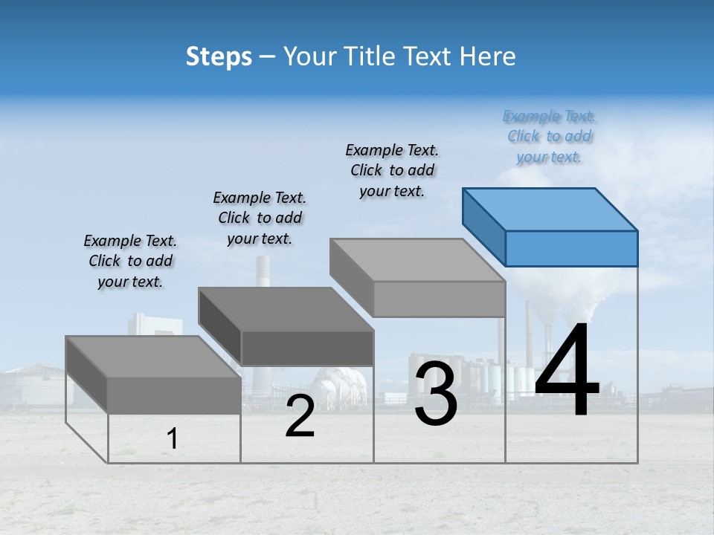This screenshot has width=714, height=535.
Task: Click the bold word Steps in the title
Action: pyautogui.click(x=219, y=56)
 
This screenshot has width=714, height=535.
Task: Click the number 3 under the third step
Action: pyautogui.click(x=436, y=394)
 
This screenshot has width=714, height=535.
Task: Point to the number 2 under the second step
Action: pyautogui.click(x=300, y=416)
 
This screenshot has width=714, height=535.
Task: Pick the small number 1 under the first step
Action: pyautogui.click(x=173, y=438)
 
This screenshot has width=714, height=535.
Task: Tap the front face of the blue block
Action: pyautogui.click(x=571, y=248)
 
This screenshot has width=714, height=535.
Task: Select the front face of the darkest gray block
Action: pyautogui.click(x=307, y=348)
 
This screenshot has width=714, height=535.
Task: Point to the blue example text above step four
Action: pyautogui.click(x=550, y=137)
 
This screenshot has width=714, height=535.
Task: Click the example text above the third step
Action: pyautogui.click(x=392, y=170)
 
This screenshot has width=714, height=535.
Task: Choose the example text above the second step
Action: pyautogui.click(x=260, y=218)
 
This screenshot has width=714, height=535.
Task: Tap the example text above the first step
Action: pyautogui.click(x=130, y=261)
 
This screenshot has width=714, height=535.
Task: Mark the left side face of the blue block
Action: pyautogui.click(x=484, y=220)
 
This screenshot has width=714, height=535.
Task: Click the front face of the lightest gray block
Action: pyautogui.click(x=439, y=299)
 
